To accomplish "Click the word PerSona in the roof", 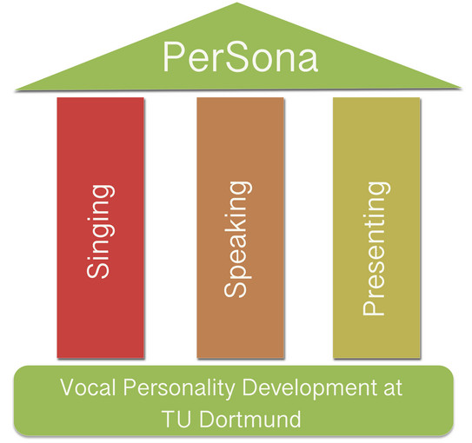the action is point(240,56).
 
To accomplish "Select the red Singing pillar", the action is point(101,228).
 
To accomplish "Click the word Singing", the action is point(100,232).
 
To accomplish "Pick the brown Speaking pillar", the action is point(240,228).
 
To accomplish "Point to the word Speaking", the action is point(237,240).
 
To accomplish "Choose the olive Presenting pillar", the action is point(376,228).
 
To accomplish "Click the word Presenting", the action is point(376,248).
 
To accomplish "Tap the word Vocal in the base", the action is point(88,387).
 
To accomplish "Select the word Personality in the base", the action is point(179,389).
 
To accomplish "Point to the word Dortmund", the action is point(249,419).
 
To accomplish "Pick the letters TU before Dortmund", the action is point(176,419).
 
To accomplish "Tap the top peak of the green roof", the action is point(236,3).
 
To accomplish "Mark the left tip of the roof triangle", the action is point(16,89).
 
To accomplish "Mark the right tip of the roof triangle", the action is point(461,89).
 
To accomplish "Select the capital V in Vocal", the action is point(69,387).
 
